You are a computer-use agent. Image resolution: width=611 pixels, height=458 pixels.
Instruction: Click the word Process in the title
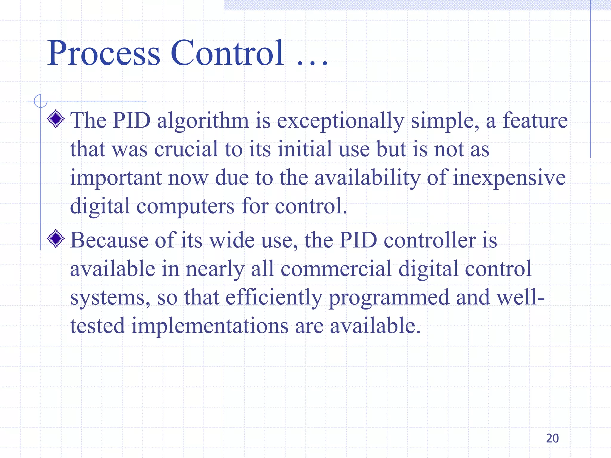(104, 54)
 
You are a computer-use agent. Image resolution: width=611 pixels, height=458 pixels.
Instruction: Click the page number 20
(552, 438)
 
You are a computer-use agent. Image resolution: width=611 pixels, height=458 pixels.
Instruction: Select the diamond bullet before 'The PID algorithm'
(56, 119)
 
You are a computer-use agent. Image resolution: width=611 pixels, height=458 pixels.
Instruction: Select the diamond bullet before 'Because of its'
(56, 239)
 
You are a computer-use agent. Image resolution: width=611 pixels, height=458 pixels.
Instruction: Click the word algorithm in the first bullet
(203, 121)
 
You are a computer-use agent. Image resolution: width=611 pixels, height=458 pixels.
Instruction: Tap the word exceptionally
(340, 121)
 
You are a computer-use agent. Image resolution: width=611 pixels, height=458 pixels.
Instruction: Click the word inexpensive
(509, 178)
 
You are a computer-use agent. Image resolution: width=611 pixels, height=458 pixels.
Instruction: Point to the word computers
(186, 207)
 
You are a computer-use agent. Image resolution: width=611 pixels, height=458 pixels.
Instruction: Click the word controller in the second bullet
(430, 240)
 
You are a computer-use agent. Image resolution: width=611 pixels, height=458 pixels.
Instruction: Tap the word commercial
(336, 269)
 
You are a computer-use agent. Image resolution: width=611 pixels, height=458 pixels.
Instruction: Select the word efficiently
(274, 298)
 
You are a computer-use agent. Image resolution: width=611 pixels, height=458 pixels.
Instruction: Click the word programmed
(389, 298)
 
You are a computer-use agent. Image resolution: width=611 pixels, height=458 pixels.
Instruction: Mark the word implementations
(210, 326)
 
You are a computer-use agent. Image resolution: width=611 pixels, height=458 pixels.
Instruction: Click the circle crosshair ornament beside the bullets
(41, 101)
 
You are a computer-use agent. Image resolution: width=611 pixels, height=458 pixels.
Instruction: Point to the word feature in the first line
(535, 120)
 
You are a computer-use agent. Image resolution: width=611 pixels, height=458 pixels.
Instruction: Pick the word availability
(367, 178)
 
